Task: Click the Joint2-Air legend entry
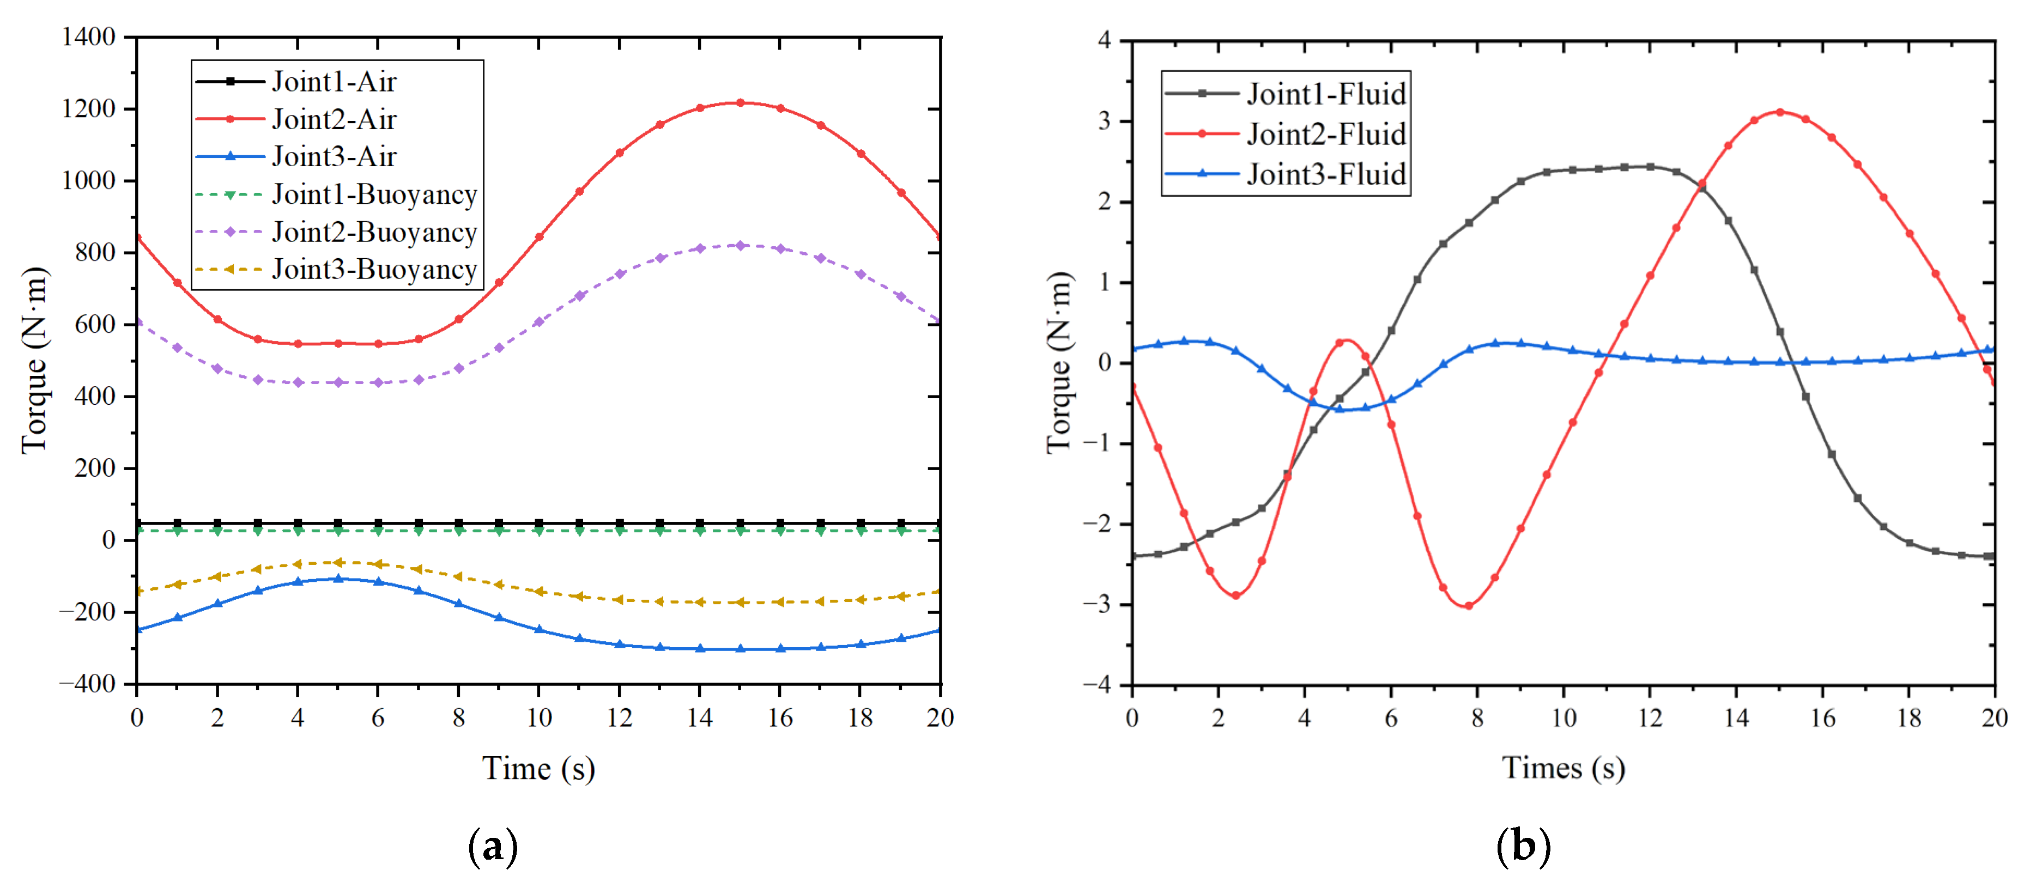tap(334, 119)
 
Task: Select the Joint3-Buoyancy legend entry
tap(374, 270)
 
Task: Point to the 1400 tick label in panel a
tap(88, 37)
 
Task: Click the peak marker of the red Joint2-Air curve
tap(740, 103)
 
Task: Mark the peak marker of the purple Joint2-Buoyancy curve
tap(740, 246)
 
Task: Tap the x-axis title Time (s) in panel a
tap(538, 768)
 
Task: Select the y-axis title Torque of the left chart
tap(35, 361)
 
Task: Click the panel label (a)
tap(493, 847)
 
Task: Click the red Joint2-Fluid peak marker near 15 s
tap(1780, 112)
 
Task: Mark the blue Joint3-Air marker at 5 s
tap(338, 579)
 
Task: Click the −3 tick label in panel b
tap(1097, 605)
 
